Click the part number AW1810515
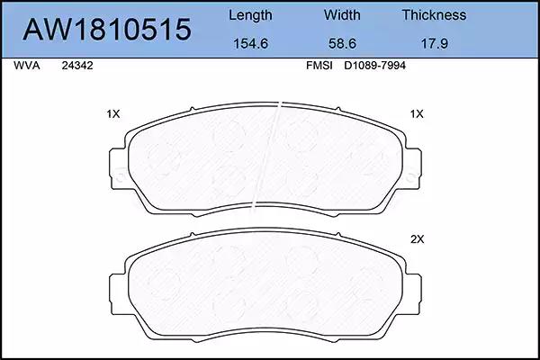click(107, 30)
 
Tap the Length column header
click(250, 15)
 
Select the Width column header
click(342, 14)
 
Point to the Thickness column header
click(435, 14)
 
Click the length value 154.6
click(250, 43)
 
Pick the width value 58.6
click(342, 43)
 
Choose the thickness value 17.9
click(435, 43)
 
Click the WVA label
click(27, 66)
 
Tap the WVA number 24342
click(77, 66)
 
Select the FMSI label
click(319, 66)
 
